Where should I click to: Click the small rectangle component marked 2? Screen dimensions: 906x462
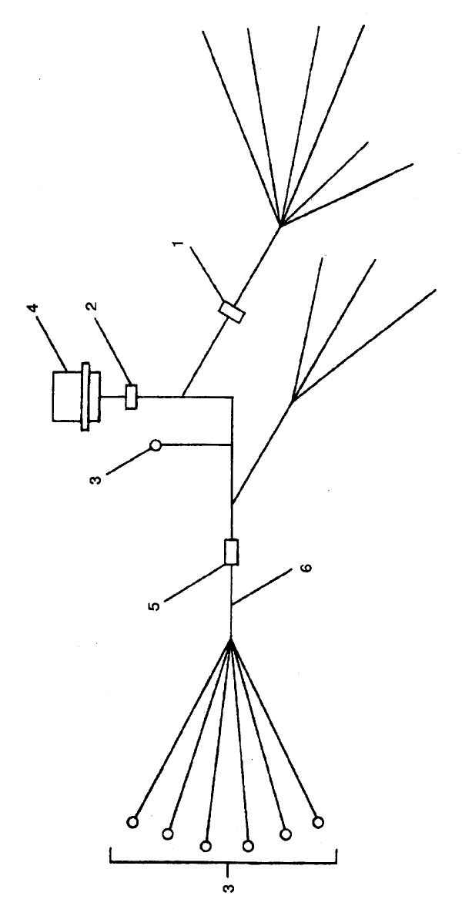pyautogui.click(x=131, y=396)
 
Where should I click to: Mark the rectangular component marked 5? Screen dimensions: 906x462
pyautogui.click(x=231, y=552)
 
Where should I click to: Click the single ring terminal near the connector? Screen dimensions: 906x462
pyautogui.click(x=156, y=445)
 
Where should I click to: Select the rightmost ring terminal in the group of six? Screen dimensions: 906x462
pyautogui.click(x=318, y=823)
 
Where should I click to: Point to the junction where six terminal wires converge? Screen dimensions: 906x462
pyautogui.click(x=231, y=639)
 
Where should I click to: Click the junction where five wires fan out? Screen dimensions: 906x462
pyautogui.click(x=281, y=224)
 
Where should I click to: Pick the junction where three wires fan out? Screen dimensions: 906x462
pyautogui.click(x=293, y=400)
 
